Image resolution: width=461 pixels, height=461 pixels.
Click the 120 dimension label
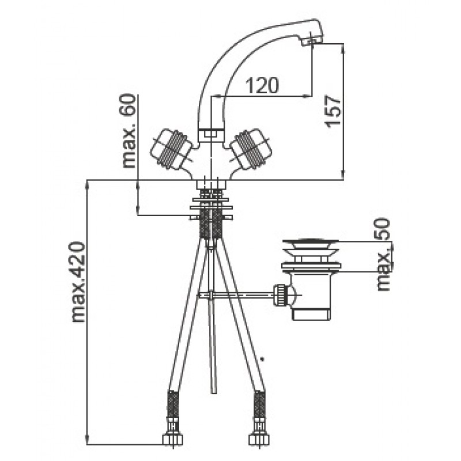(262, 85)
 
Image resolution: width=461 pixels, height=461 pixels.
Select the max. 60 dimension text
(129, 131)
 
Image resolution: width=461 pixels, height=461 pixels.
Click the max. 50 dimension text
(384, 254)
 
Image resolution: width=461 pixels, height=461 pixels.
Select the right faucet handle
(251, 149)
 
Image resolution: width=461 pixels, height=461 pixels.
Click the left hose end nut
(172, 440)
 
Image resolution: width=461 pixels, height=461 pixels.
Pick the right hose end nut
(259, 440)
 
